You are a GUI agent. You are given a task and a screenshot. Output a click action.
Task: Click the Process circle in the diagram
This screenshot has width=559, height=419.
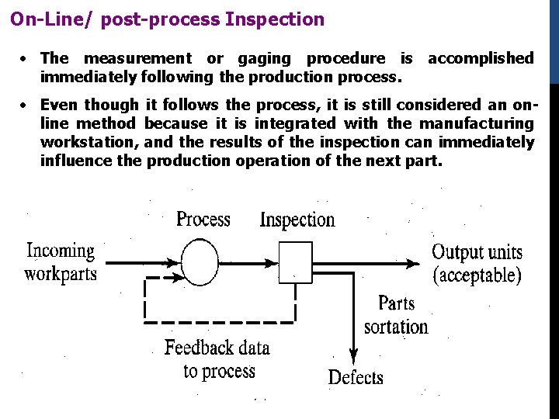(x=200, y=262)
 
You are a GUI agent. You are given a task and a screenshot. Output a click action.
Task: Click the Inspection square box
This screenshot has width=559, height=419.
(x=295, y=262)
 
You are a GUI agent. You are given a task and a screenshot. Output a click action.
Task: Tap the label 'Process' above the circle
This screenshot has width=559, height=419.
(x=203, y=219)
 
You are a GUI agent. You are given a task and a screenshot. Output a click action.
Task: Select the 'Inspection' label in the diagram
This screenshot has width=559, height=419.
(x=297, y=220)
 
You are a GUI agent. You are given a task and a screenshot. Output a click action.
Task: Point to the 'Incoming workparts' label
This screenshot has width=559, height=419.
(x=61, y=262)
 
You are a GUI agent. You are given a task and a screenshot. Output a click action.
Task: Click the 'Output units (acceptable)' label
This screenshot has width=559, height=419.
(x=477, y=263)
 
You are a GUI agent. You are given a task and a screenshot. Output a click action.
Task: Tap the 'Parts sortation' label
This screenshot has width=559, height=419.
(x=396, y=314)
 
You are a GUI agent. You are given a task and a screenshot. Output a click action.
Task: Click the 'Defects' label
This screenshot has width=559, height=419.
(x=356, y=378)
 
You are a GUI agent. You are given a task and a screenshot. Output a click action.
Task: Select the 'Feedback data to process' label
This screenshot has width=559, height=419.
(x=218, y=359)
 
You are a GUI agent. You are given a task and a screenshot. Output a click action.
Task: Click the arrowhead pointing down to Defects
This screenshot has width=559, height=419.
(x=353, y=356)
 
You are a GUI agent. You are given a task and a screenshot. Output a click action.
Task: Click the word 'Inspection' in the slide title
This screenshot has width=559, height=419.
(x=275, y=19)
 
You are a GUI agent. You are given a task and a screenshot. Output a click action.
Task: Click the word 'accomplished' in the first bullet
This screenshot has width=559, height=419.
(x=481, y=58)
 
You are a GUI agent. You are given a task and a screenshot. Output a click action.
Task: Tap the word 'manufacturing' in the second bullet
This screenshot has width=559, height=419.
(x=477, y=123)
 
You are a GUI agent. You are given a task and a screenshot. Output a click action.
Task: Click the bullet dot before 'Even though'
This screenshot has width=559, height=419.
(x=26, y=105)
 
